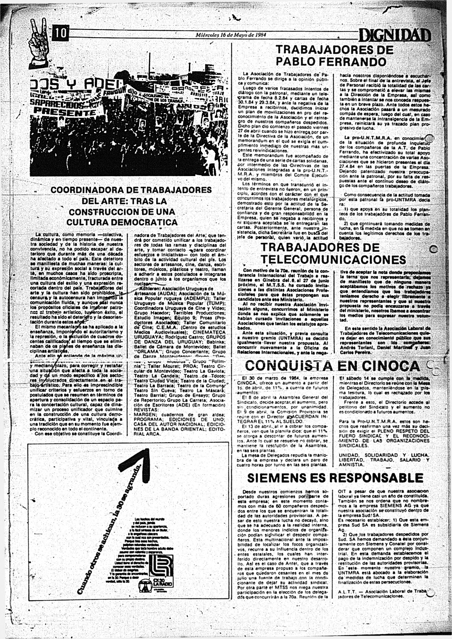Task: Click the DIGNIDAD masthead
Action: [x=394, y=35]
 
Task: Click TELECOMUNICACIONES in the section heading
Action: [x=333, y=260]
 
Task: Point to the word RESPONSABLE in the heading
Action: [x=376, y=478]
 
